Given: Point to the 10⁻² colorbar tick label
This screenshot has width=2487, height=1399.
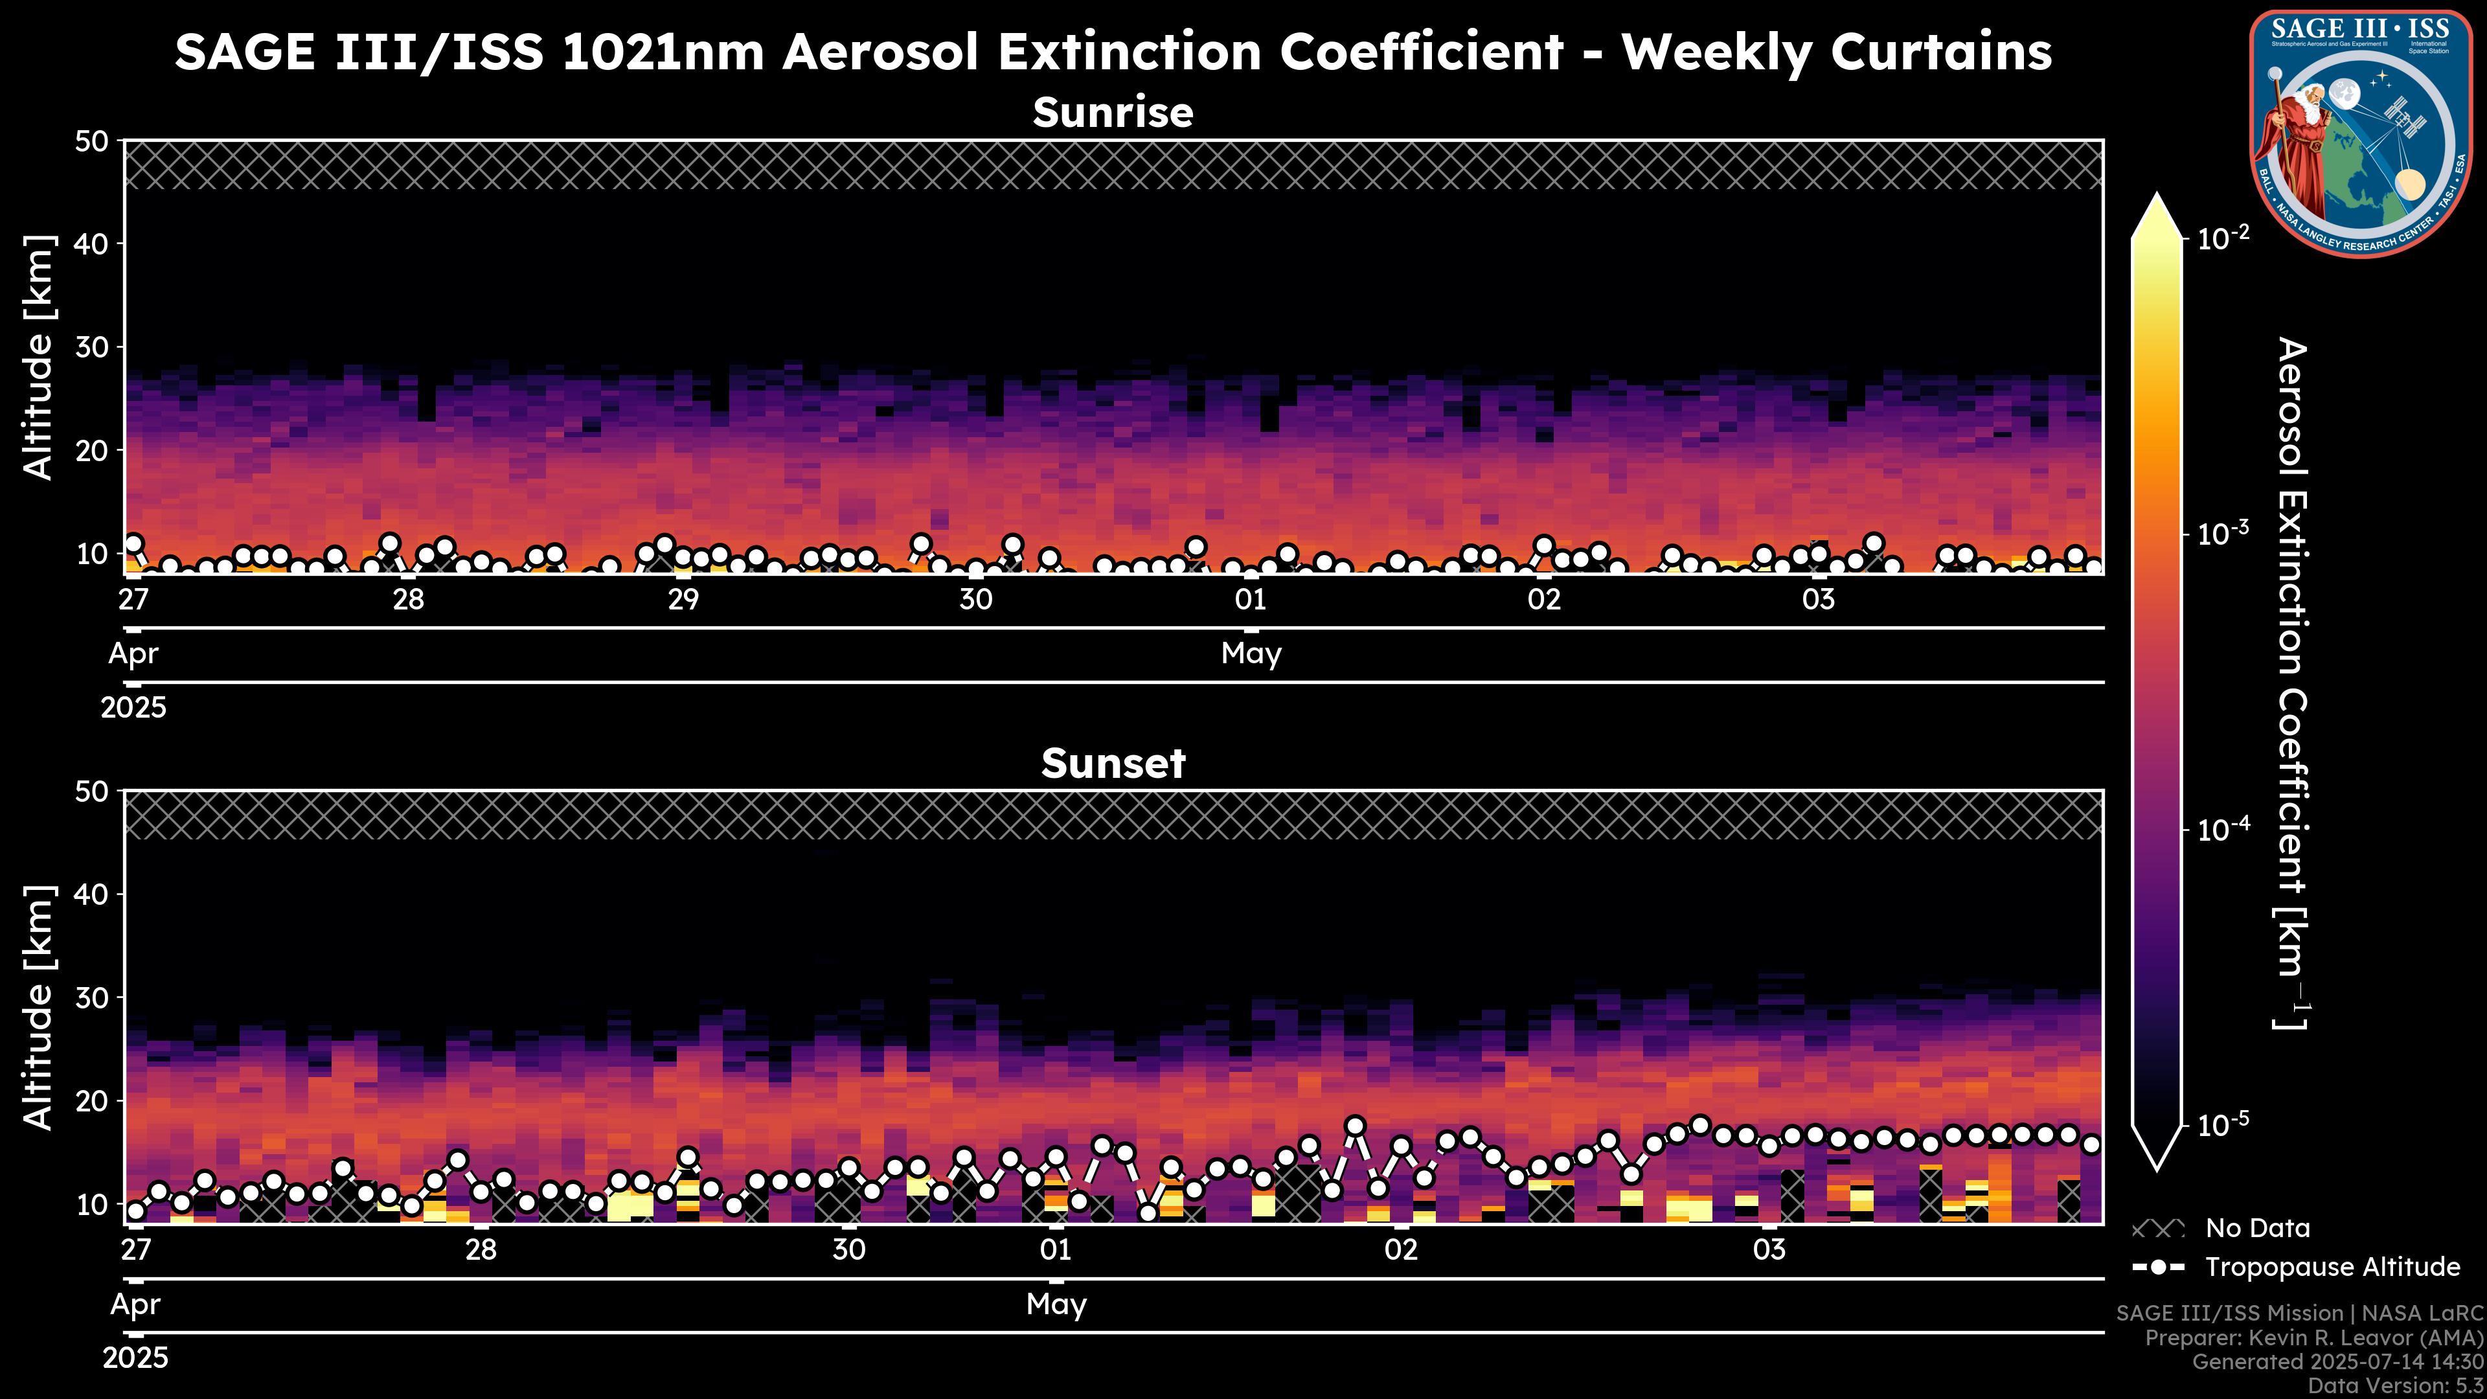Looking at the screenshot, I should [x=2223, y=238].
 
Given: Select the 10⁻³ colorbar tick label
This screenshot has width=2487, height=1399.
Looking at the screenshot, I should [x=2223, y=533].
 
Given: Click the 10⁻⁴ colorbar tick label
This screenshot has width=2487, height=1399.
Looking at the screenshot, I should [x=2223, y=829].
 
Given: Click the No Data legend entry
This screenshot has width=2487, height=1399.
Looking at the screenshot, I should [x=2257, y=1228].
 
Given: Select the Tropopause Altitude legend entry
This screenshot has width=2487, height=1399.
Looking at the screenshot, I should [x=2332, y=1267].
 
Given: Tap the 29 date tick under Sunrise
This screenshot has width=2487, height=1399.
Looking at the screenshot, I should [x=683, y=600].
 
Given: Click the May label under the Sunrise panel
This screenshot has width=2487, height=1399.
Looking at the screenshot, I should [x=1251, y=654].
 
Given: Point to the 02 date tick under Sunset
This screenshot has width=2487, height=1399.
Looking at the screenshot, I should [x=1401, y=1249].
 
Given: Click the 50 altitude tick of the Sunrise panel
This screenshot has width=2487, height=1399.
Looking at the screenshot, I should [x=95, y=142].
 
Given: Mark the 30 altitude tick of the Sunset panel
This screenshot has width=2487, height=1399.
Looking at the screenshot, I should [x=95, y=997].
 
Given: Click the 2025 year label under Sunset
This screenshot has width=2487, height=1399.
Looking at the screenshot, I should [x=135, y=1358].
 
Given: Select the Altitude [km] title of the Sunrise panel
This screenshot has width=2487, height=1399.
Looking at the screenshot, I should [x=39, y=358].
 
